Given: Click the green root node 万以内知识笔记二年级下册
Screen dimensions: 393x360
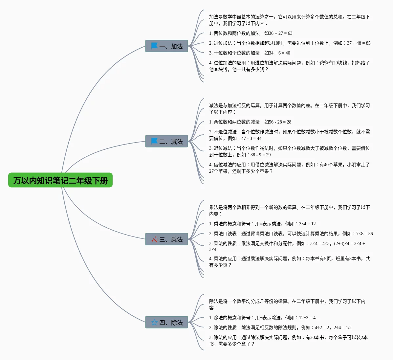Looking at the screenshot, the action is (x=60, y=180).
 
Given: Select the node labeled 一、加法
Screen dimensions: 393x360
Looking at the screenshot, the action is (x=166, y=46).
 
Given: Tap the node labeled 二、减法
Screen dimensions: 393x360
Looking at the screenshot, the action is (x=166, y=141).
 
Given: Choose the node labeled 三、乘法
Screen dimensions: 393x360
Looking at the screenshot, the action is (x=166, y=239).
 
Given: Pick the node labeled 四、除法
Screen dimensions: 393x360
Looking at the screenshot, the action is (x=166, y=323).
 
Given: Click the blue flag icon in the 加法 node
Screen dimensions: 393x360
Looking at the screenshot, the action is (x=154, y=46).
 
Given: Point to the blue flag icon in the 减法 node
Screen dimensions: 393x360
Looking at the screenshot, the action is (x=154, y=141).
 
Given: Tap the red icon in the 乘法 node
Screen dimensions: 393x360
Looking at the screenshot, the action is (x=154, y=239).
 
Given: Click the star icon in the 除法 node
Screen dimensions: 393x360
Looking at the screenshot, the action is (x=154, y=323).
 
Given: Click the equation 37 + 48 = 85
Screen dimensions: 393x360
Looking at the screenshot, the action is (x=359, y=43).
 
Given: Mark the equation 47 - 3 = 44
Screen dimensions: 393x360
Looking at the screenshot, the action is (x=251, y=138).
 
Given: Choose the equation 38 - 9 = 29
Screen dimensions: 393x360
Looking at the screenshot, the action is (x=260, y=155).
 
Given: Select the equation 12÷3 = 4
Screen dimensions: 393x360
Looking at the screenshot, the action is (x=307, y=318).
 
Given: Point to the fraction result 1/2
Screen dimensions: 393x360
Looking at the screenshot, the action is (x=349, y=328).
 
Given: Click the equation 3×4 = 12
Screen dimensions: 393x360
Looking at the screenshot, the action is (x=307, y=224).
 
